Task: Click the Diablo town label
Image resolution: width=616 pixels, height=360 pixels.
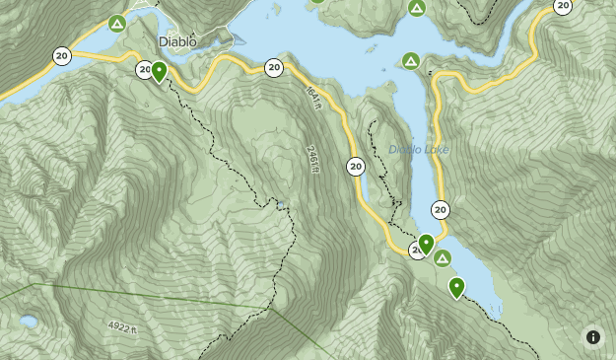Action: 177,41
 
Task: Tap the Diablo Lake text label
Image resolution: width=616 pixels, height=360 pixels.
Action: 418,150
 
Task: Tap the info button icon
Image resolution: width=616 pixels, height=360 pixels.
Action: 592,336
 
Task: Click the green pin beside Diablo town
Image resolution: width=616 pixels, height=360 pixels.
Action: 159,71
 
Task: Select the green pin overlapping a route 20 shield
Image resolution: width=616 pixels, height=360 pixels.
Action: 426,243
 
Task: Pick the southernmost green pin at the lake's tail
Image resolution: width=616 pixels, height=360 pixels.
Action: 456,286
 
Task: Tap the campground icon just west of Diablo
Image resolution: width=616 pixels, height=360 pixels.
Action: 117,23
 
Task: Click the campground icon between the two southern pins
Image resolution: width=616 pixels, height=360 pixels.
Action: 443,258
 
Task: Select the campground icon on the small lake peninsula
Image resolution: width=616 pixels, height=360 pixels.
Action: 410,61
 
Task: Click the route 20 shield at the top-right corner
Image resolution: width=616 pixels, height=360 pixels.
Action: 562,6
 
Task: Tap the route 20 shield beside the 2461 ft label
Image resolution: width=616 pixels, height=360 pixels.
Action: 356,167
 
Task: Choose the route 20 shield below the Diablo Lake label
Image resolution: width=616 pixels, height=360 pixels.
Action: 440,209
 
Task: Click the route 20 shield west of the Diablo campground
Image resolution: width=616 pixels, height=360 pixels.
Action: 62,55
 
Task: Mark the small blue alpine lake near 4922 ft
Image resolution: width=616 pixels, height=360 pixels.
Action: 30,322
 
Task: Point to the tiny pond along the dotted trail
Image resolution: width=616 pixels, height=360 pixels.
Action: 281,205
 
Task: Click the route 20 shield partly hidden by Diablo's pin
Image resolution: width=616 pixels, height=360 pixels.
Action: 145,69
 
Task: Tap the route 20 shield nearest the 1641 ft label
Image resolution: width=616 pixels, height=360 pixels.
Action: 274,68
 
